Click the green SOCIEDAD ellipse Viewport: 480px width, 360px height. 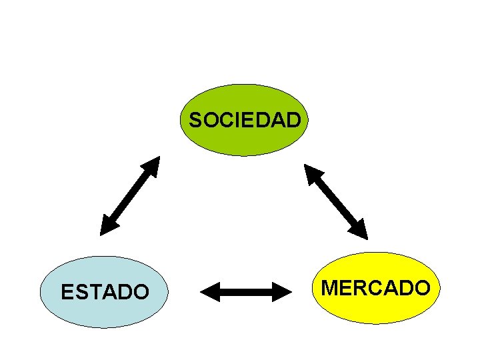(245, 141)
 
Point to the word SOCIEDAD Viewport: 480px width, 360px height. (245, 121)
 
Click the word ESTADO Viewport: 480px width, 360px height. (105, 292)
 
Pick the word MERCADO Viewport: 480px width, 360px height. (376, 288)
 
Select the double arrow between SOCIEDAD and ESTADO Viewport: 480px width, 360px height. (131, 195)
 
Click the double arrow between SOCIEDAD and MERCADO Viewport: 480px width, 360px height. (336, 201)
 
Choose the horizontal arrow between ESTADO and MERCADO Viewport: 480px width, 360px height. (247, 291)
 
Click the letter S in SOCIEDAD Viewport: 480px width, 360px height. (195, 121)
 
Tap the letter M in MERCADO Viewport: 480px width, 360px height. (331, 288)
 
